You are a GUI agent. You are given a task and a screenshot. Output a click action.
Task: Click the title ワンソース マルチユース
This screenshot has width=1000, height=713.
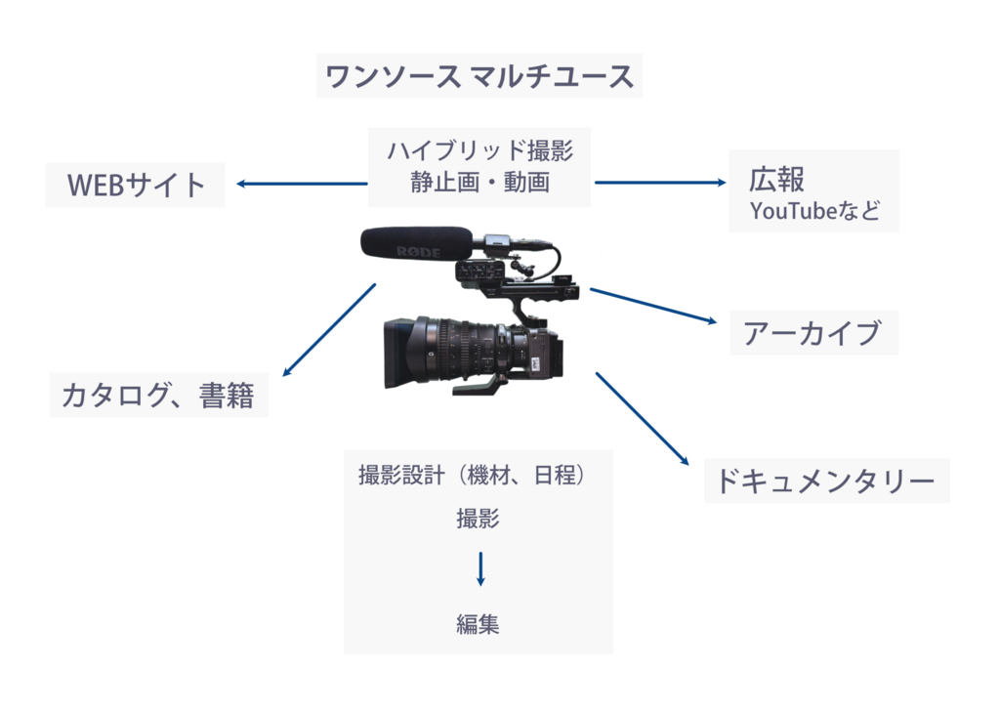(x=479, y=76)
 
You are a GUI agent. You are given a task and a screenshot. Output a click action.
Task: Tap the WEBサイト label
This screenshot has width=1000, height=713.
(x=136, y=185)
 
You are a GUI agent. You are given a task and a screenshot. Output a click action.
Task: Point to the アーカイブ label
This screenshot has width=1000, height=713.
(x=812, y=334)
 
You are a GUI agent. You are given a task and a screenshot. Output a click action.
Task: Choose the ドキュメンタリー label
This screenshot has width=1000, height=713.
(x=826, y=482)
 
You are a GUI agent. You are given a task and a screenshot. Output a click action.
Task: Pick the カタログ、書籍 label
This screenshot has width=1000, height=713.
(x=158, y=396)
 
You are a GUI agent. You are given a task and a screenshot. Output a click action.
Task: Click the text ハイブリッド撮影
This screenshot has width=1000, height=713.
(x=479, y=151)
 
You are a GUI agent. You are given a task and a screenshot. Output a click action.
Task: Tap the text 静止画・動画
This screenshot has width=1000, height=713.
(x=479, y=183)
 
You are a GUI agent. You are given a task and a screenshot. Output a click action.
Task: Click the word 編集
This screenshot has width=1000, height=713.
(x=479, y=624)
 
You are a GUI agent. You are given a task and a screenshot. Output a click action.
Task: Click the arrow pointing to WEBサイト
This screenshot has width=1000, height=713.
(x=299, y=184)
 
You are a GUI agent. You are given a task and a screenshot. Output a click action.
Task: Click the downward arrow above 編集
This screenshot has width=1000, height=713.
(x=479, y=569)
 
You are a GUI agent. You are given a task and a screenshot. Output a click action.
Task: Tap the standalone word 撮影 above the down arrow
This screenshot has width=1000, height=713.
(x=479, y=520)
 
